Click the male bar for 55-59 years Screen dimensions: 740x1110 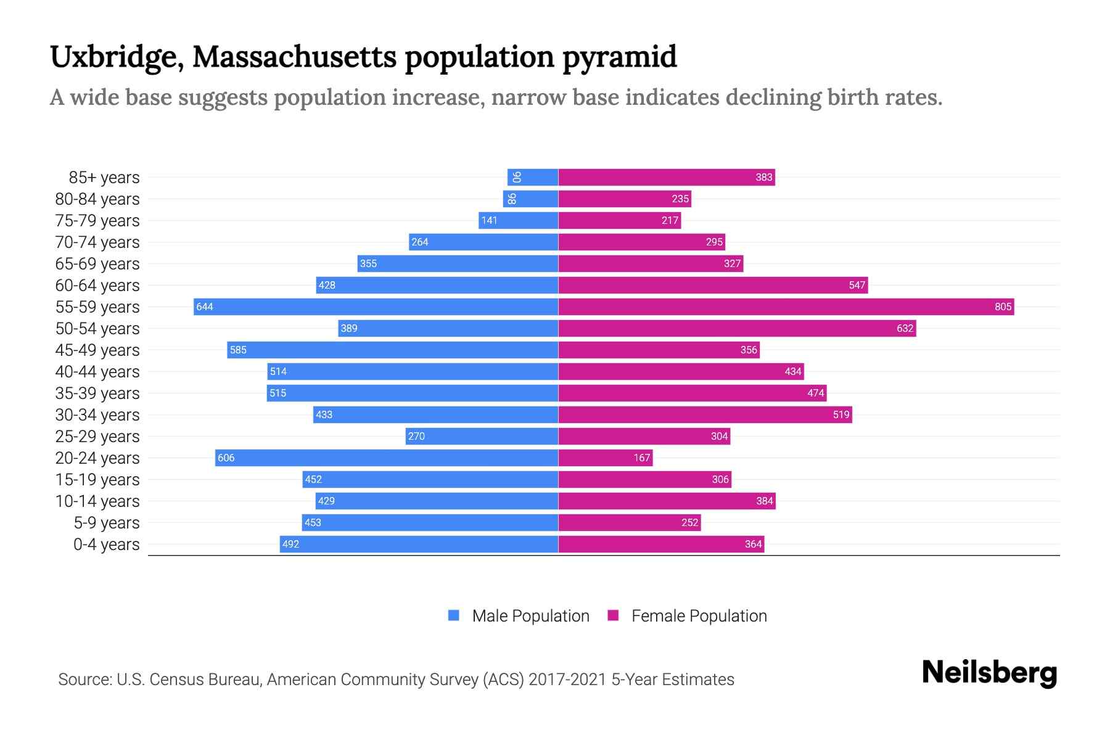tap(376, 306)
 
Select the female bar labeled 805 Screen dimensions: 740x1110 tap(786, 306)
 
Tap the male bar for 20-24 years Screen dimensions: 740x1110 tap(387, 458)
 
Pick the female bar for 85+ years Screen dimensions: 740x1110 tap(666, 177)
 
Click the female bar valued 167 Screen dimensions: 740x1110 tap(606, 458)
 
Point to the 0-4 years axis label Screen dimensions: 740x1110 tap(106, 545)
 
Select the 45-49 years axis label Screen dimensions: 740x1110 tap(97, 350)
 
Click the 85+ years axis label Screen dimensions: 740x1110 tap(104, 178)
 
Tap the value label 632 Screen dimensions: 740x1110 tap(905, 328)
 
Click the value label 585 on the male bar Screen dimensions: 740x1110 tap(238, 350)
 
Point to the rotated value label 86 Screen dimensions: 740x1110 tap(512, 199)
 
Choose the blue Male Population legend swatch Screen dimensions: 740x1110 tap(454, 615)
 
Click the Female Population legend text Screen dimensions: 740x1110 tap(699, 616)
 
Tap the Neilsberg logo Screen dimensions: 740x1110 tap(989, 673)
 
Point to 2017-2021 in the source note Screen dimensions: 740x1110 tap(567, 680)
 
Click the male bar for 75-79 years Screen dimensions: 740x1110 tap(518, 220)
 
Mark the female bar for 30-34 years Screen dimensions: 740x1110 tap(705, 414)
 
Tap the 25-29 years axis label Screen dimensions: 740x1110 tap(97, 437)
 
